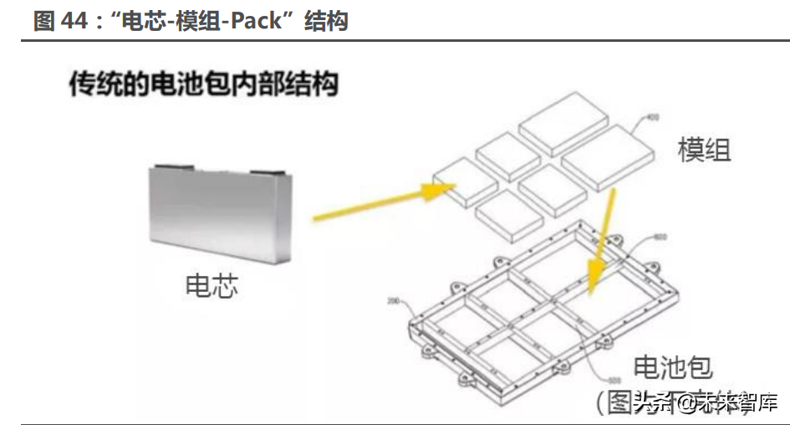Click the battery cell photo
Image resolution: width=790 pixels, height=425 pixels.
point(222,213)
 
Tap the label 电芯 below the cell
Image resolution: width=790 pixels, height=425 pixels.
point(212,286)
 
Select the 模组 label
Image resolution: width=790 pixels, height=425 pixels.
point(704,150)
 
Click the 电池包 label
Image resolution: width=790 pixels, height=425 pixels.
point(673,369)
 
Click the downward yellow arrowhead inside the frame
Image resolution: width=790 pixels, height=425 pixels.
point(596,279)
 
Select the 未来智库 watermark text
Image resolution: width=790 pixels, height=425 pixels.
point(738,403)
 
